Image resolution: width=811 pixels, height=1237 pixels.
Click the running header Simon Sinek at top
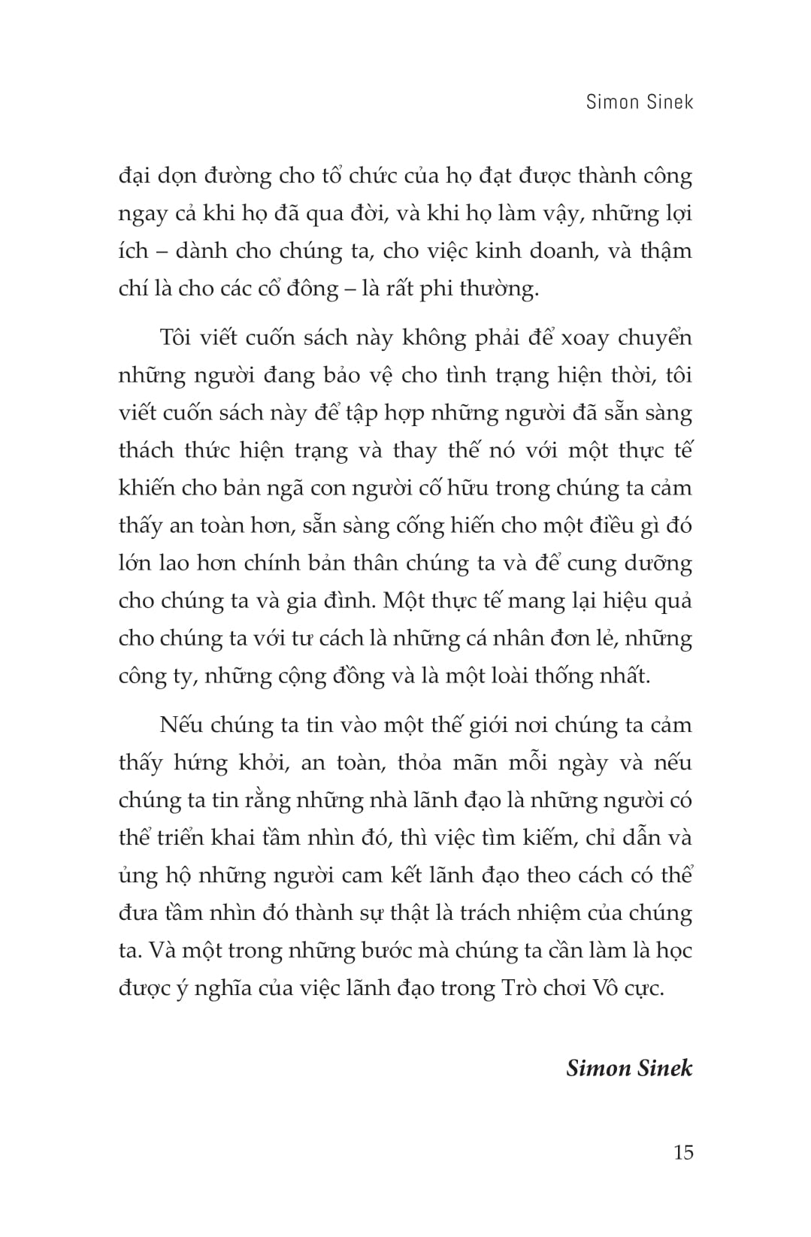pyautogui.click(x=639, y=102)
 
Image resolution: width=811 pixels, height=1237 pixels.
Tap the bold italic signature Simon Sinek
pyautogui.click(x=628, y=1068)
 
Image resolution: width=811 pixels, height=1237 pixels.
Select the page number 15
pyautogui.click(x=683, y=1152)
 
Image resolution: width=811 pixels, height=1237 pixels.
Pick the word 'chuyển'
pyautogui.click(x=654, y=338)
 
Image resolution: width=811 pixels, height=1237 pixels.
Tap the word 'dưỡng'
pyautogui.click(x=653, y=564)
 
